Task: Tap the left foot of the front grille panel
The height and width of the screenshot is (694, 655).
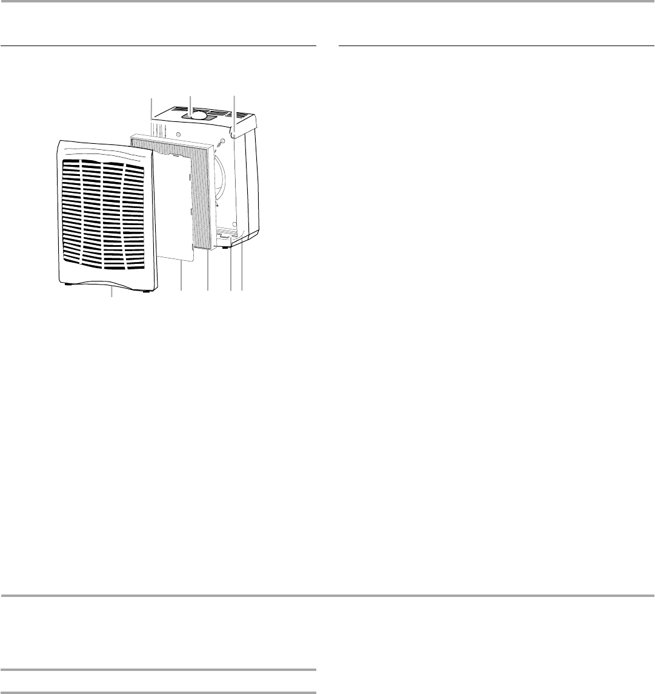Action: coord(66,283)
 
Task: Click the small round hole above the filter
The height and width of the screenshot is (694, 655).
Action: coord(178,133)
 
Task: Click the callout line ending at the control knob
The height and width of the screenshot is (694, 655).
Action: coord(190,103)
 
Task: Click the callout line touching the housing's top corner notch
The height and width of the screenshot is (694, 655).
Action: coord(234,109)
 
